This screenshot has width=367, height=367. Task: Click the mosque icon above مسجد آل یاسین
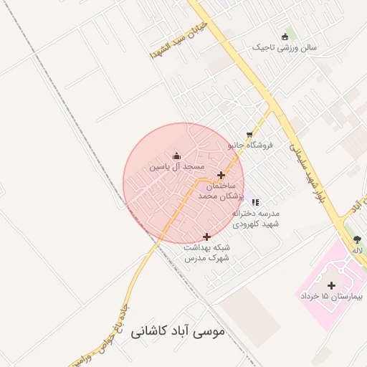177,156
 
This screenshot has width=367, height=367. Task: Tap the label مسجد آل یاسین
172,166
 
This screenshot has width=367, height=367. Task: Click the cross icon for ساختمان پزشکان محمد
221,175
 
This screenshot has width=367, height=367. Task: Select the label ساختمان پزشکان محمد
221,190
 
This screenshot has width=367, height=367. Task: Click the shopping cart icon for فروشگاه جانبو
249,134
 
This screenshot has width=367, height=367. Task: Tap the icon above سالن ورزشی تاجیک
285,37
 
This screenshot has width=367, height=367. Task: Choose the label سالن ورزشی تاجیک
285,47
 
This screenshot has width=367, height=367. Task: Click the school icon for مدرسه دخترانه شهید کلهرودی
256,202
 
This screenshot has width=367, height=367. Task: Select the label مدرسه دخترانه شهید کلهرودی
257,219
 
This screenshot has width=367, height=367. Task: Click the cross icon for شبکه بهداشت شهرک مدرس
207,237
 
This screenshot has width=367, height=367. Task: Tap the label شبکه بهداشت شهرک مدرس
207,252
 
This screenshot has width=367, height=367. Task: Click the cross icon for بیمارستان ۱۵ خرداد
331,285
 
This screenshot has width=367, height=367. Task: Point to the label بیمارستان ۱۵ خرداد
332,296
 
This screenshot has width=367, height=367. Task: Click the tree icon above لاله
357,239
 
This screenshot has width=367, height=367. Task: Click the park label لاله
357,250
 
